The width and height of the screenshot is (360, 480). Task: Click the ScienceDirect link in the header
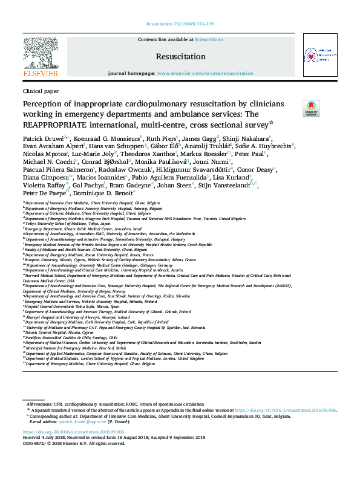click(x=209, y=39)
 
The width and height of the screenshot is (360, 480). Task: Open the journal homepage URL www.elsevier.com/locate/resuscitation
click(x=205, y=73)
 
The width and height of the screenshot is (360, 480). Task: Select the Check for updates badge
click(x=311, y=108)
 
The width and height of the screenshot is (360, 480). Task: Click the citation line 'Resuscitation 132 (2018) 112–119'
click(x=180, y=25)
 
